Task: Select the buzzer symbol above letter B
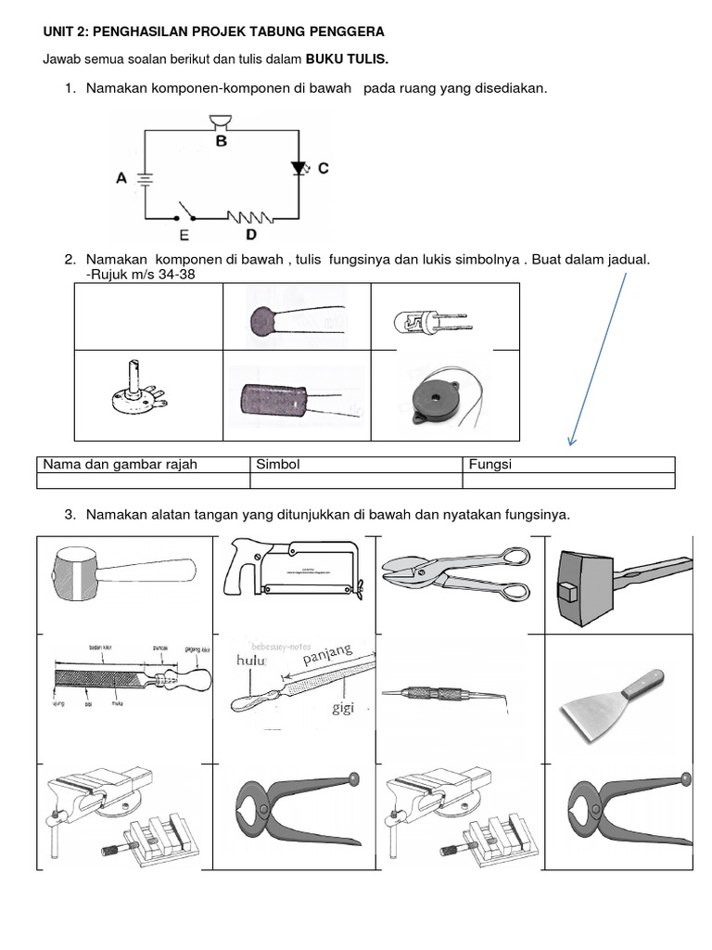(x=221, y=120)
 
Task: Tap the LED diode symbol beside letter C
(x=298, y=168)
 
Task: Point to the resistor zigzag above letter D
(x=250, y=218)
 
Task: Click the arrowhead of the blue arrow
(x=571, y=441)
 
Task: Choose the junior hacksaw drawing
(x=292, y=575)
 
